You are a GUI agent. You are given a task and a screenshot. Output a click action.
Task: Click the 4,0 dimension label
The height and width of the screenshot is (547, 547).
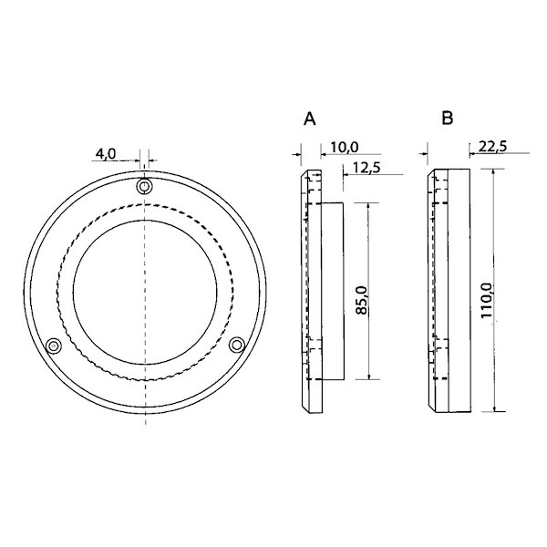(x=106, y=153)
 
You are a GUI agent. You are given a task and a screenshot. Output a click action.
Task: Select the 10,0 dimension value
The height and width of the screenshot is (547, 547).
(x=345, y=147)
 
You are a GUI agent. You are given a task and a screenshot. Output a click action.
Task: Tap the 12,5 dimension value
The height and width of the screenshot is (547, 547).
(x=366, y=168)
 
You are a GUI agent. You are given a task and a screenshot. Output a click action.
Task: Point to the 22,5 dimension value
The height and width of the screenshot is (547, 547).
(x=492, y=147)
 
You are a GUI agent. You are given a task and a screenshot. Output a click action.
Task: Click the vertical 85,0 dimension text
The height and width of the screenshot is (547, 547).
(x=362, y=300)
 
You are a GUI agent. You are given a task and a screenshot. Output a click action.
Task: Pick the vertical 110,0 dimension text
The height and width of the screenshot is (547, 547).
(x=486, y=300)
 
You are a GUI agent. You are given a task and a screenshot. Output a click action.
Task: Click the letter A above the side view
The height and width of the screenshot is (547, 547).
(x=310, y=119)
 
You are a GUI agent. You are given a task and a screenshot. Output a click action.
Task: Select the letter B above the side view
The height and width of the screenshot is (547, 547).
(x=448, y=118)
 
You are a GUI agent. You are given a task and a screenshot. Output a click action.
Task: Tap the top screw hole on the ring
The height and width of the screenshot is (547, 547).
(x=144, y=186)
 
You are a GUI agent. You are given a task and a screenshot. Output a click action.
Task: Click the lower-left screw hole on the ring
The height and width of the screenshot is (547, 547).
(x=54, y=346)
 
